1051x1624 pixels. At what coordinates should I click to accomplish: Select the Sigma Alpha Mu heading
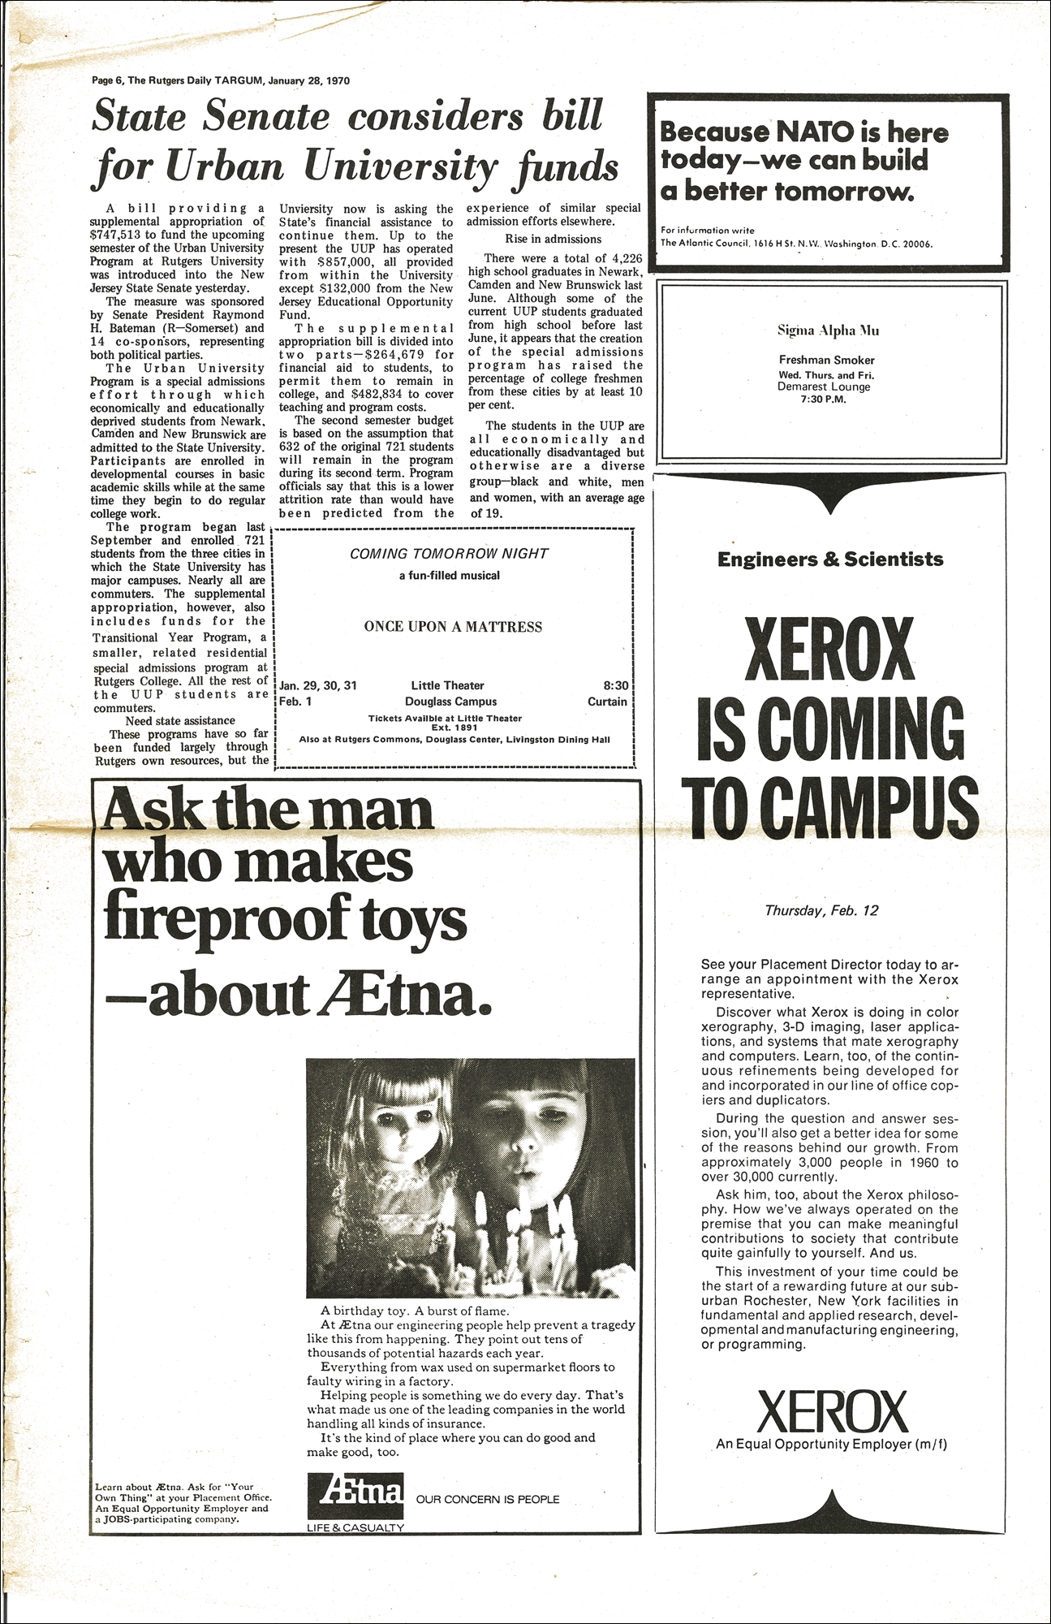[827, 330]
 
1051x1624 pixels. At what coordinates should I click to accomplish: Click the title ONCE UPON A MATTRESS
[453, 626]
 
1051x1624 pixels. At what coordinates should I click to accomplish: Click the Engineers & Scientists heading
[830, 559]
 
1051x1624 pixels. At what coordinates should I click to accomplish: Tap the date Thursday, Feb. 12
[821, 910]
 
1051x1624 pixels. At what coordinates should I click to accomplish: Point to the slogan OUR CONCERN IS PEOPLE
[488, 1499]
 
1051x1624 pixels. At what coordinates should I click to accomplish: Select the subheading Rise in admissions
[553, 239]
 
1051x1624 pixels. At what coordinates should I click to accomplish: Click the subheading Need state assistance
[180, 720]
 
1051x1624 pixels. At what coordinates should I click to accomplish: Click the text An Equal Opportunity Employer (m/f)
[831, 1445]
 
